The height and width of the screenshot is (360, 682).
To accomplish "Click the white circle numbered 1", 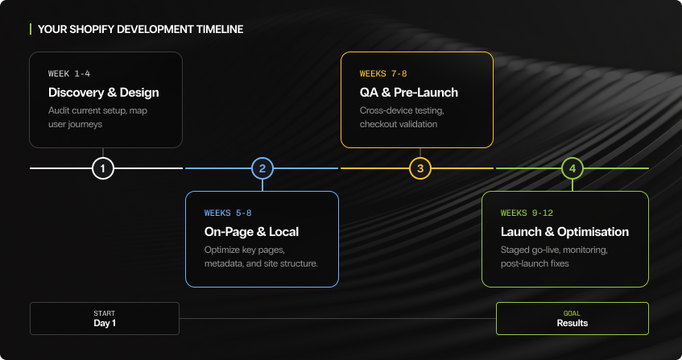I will coord(103,168).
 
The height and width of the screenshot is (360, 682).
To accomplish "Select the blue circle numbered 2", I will coord(262,168).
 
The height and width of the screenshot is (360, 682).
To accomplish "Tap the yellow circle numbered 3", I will coord(420,168).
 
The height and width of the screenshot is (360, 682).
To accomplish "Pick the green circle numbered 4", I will coord(572,168).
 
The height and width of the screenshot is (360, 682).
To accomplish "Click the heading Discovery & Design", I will coord(103,92).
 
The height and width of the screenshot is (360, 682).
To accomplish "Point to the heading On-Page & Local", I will coord(251,232).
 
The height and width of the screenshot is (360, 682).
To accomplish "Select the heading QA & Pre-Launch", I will coord(408,92).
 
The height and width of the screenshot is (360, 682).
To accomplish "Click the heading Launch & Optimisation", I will coord(564,232).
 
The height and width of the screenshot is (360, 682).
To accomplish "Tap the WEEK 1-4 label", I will coord(69,73).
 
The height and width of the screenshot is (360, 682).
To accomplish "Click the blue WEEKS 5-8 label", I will coord(228,213).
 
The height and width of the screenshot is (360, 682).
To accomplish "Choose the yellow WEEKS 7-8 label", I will coord(384,73).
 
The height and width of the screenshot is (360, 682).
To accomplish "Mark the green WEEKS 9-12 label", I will coord(527,213).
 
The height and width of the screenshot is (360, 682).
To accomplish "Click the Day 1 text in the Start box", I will coord(105,323).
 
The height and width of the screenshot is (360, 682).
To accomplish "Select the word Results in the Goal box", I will coord(572,323).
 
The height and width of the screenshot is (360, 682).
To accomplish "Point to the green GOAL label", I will coord(572,313).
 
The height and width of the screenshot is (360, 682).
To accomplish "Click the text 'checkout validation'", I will coord(399,123).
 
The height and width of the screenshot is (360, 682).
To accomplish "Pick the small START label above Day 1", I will coord(105,313).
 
